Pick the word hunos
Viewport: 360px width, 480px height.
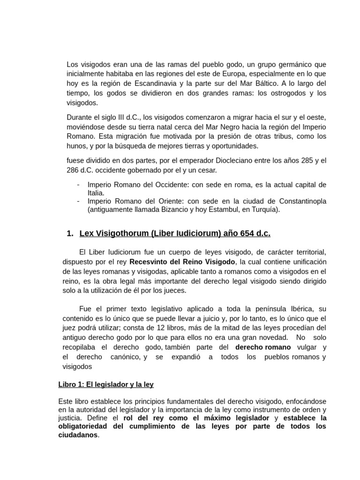[x=77, y=146]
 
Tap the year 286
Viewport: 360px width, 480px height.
[x=73, y=170]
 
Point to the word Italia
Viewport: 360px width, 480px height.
[x=96, y=193]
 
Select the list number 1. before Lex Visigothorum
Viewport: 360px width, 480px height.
[x=70, y=233]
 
